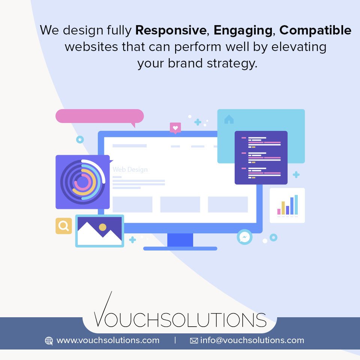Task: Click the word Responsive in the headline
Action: (x=171, y=30)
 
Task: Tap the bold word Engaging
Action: (x=243, y=30)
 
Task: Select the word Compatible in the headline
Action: (x=315, y=30)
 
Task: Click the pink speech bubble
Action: (x=99, y=116)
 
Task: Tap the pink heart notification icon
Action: (x=175, y=127)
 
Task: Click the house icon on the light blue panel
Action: (x=229, y=120)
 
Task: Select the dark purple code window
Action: (x=261, y=157)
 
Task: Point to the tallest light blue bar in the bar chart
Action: (x=296, y=204)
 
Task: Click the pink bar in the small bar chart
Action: (x=279, y=211)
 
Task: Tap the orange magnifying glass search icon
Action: (x=64, y=226)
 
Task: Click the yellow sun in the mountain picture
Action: (x=102, y=227)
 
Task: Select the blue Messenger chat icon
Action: (x=244, y=237)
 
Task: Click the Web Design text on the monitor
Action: (x=130, y=169)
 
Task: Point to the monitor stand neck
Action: (x=180, y=240)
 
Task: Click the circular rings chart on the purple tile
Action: (x=82, y=182)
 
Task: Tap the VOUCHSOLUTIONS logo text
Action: (x=180, y=319)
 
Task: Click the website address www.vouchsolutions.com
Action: (x=108, y=340)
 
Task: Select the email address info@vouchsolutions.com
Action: (x=252, y=340)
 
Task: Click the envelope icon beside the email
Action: (x=194, y=341)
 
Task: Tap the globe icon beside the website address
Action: (x=49, y=341)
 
